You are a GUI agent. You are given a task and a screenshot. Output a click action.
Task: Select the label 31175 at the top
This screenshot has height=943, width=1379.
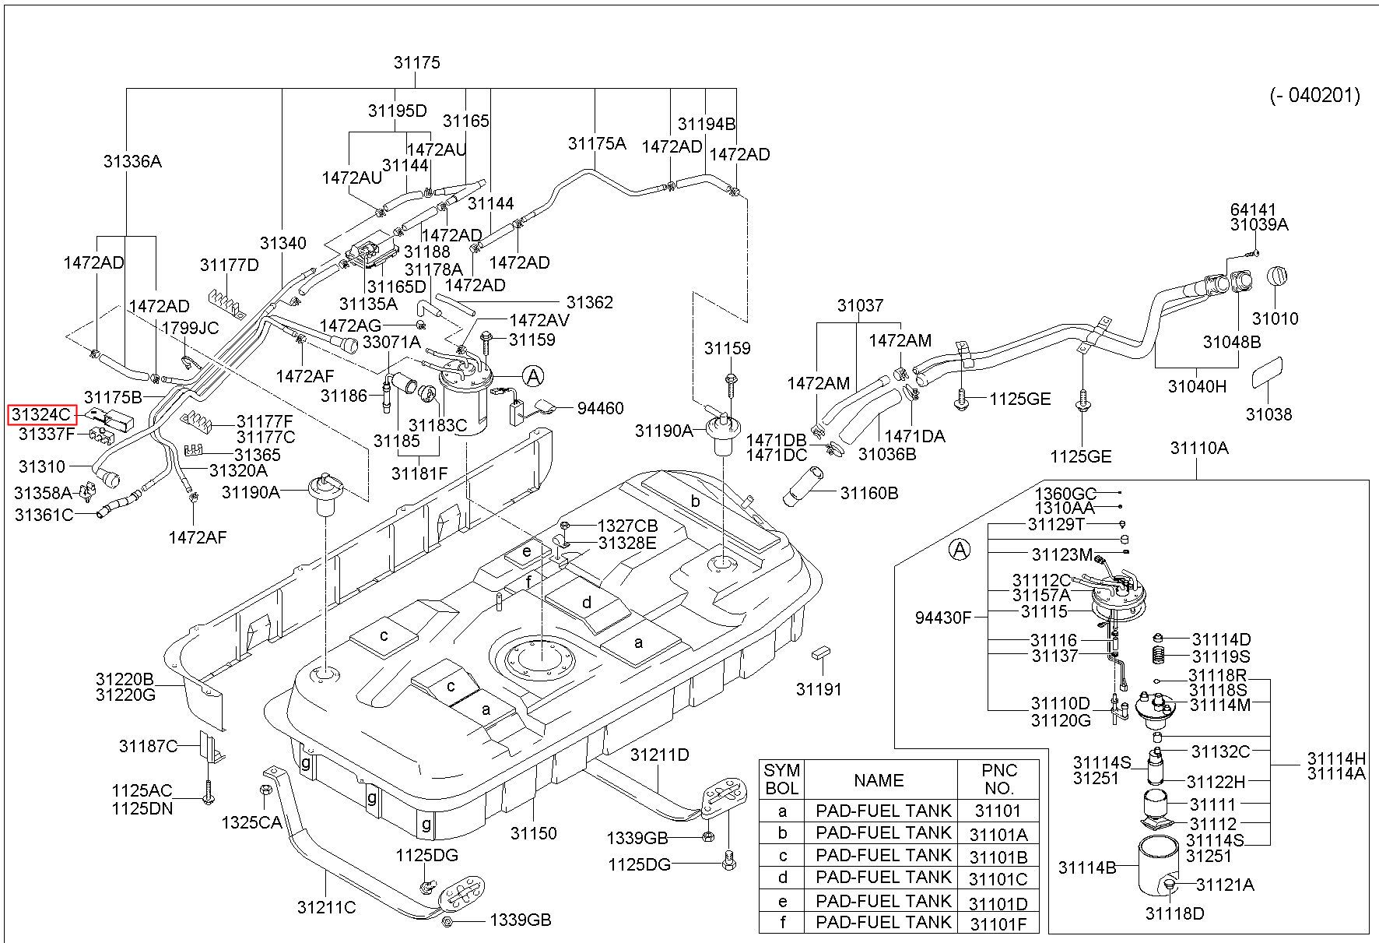(416, 63)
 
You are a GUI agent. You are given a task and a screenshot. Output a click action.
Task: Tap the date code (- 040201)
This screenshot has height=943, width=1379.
(1315, 96)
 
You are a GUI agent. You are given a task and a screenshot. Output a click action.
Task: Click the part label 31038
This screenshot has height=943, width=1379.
(1268, 414)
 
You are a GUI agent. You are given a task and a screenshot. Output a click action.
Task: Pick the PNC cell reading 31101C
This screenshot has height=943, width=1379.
(998, 879)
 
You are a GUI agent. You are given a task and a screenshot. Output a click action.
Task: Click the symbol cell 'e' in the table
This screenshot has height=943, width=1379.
(782, 902)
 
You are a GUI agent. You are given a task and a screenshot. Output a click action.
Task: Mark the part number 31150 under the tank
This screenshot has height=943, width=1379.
(533, 833)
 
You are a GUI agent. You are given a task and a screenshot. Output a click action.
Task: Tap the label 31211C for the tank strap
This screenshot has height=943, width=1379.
(326, 907)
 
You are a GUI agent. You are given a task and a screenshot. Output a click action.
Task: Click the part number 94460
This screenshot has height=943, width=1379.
(600, 408)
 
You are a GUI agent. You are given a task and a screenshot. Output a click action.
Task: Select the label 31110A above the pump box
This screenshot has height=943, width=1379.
(1199, 448)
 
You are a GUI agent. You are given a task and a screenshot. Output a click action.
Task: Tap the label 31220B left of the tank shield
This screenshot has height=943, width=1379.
(125, 679)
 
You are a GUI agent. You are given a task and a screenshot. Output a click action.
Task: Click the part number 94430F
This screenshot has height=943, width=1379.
(943, 618)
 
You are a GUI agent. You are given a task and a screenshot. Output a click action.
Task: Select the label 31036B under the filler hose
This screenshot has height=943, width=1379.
(887, 453)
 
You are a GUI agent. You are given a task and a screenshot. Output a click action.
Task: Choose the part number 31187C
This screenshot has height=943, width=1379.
(148, 746)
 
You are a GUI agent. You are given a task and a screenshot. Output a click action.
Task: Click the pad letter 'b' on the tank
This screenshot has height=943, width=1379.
(696, 501)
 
